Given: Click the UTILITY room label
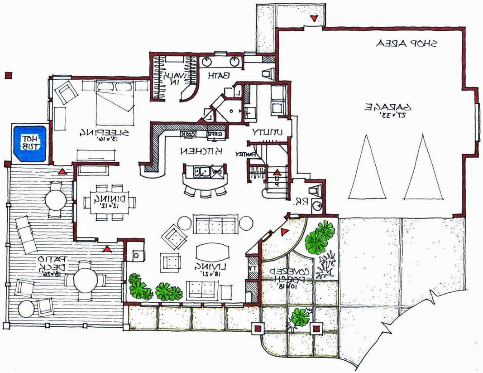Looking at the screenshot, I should point(268,132).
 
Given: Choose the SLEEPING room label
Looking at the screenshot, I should point(105,132).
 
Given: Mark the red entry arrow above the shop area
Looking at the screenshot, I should point(314,19).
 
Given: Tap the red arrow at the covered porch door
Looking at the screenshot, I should point(284,232).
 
